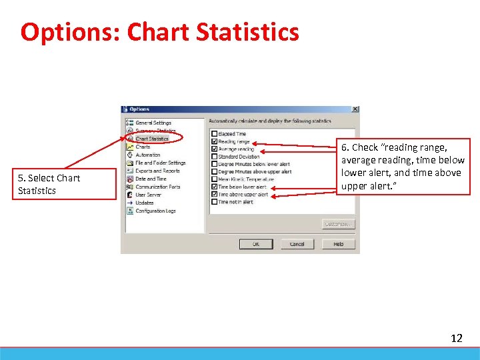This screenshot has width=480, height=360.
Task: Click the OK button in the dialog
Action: coord(255,244)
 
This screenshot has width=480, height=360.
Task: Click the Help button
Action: coord(339,244)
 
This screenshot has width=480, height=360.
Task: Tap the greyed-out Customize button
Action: coord(339,224)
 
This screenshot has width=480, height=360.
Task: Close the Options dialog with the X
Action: coord(355,109)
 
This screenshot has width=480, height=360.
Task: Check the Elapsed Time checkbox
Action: coord(214,134)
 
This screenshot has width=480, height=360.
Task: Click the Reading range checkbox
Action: coord(214,141)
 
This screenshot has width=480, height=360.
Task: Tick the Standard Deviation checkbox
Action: coord(214,157)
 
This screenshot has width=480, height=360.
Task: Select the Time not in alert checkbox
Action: coord(214,202)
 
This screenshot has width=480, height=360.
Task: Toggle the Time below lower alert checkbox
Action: coord(214,187)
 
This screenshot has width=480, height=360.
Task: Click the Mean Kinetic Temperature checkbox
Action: coord(214,179)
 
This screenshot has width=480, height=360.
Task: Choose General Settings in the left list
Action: coord(153,123)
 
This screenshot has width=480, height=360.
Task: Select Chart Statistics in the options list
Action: coord(152,139)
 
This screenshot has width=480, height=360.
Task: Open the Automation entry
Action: coord(147,155)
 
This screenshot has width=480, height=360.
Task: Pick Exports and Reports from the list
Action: coord(157,171)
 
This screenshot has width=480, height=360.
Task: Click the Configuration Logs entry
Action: coord(155,211)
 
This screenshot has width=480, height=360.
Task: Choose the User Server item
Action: coord(148,195)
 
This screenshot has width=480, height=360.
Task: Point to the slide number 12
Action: coord(456,338)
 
